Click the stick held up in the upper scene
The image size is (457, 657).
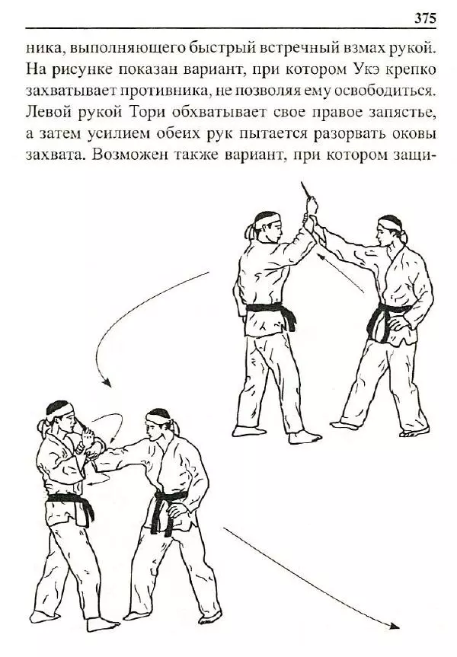pyautogui.click(x=306, y=190)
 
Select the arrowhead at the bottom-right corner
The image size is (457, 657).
pyautogui.click(x=395, y=626)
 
